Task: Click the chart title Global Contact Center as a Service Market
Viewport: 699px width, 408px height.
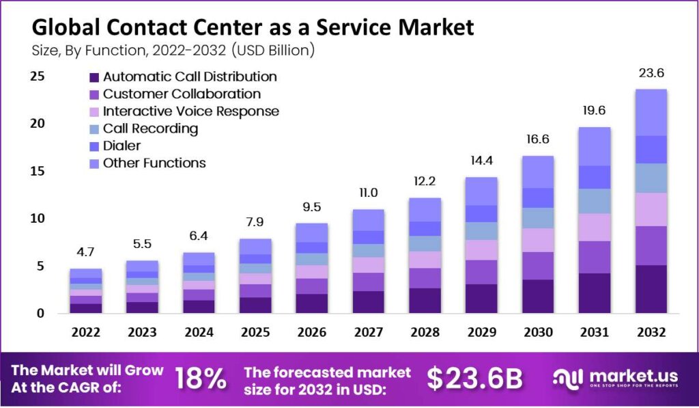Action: (x=252, y=27)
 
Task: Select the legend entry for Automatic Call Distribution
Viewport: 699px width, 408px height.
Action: (x=190, y=77)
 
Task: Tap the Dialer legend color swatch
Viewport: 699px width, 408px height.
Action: (x=95, y=146)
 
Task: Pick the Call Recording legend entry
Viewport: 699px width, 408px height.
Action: (x=150, y=128)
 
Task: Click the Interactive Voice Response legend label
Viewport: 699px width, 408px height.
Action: (x=190, y=111)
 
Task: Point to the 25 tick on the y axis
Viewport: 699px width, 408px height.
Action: (x=37, y=77)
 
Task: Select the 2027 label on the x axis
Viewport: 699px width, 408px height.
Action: (x=369, y=332)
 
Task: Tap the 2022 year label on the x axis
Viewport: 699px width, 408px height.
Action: (x=86, y=332)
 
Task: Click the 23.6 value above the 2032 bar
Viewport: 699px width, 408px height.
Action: (x=651, y=73)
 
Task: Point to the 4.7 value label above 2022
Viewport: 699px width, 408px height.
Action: (x=86, y=253)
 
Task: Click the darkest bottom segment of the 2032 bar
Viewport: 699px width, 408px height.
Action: (x=651, y=289)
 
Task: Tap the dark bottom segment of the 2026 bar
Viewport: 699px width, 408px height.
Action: (x=312, y=303)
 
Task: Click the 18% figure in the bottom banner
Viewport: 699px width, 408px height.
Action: (x=201, y=379)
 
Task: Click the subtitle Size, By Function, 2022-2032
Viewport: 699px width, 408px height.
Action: (x=173, y=50)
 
